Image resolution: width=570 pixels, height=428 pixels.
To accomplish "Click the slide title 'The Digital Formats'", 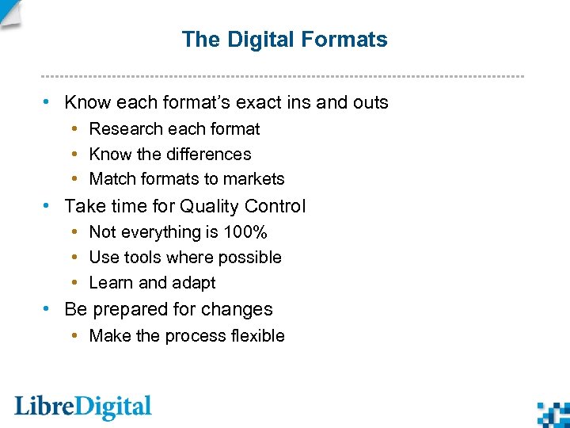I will tap(284, 40).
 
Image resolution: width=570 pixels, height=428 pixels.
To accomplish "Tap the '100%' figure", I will tap(245, 232).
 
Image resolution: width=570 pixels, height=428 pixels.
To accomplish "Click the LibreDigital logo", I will tap(82, 407).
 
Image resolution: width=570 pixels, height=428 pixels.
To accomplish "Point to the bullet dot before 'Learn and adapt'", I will tap(74, 283).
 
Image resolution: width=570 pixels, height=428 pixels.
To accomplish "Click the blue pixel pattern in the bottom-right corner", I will tap(553, 413).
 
